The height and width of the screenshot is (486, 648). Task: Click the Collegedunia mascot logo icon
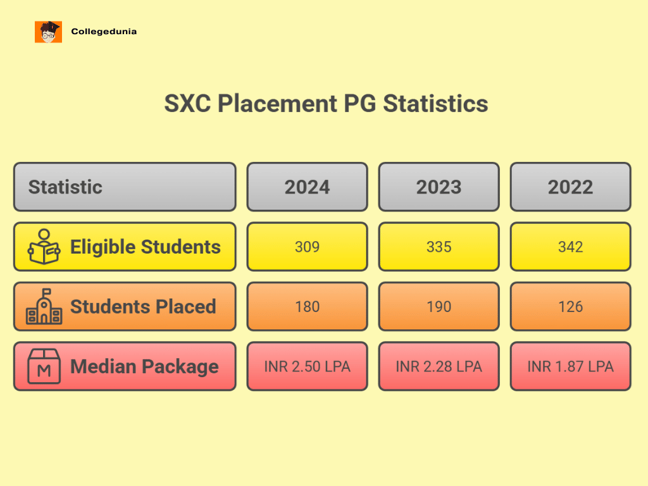48,32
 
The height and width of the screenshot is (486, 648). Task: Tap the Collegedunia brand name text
104,31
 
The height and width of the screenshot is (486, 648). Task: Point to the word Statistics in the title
435,103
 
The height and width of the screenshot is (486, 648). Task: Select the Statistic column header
124,187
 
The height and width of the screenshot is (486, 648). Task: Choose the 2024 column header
307,187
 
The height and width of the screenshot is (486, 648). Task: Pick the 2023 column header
439,187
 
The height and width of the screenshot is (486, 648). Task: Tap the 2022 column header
570,187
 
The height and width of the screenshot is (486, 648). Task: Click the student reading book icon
44,247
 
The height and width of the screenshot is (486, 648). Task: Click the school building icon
44,307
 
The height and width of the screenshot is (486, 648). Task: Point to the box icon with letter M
44,366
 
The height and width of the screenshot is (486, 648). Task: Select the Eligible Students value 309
307,247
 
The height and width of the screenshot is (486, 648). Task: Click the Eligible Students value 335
439,247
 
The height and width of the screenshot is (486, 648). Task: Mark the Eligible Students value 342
570,247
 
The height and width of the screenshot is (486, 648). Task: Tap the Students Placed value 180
307,307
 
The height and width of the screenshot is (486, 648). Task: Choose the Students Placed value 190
439,307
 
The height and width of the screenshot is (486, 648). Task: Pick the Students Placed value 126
570,307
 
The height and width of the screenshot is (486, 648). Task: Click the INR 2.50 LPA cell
307,366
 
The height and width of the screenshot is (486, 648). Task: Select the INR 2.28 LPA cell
439,366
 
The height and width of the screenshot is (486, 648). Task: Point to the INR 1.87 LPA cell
570,366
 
